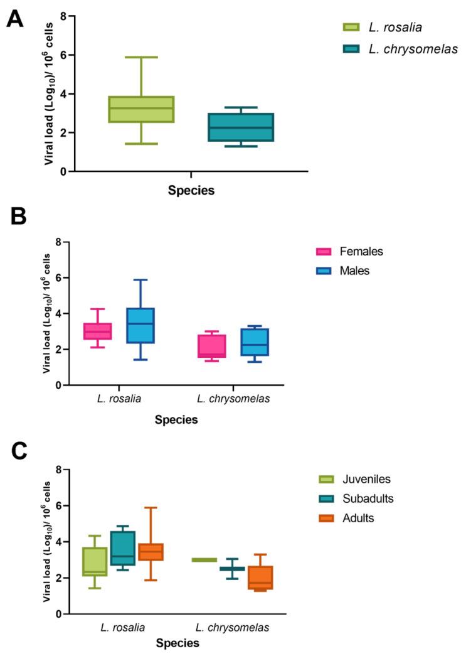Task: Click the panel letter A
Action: tap(15, 18)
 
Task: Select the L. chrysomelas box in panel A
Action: tap(241, 127)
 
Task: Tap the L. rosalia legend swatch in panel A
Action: tap(351, 27)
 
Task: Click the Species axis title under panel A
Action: tap(191, 191)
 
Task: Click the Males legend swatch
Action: tap(324, 271)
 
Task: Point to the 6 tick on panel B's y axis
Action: tap(57, 277)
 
